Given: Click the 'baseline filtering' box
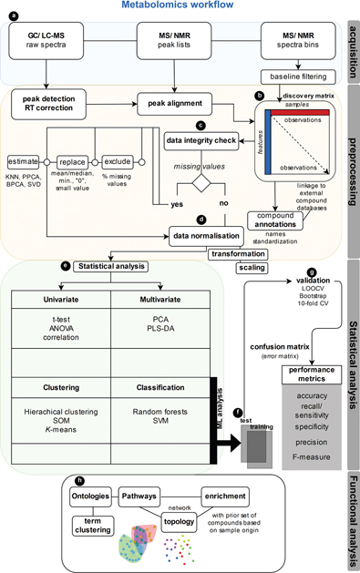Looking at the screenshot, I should click(x=293, y=77).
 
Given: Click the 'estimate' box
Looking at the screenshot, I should click(x=23, y=161).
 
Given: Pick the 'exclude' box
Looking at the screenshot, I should click(x=118, y=161).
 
